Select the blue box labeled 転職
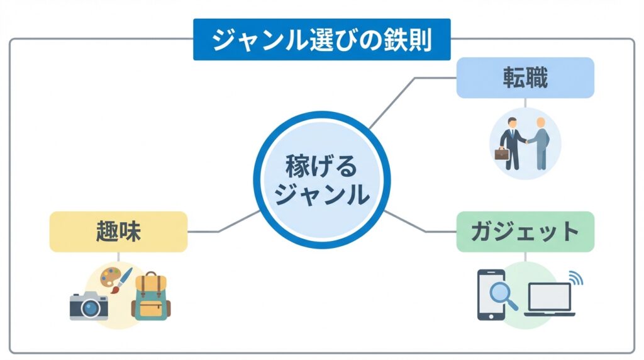pos(525,77)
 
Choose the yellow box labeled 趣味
pos(118,232)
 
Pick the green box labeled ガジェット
pos(525,232)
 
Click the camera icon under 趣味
pos(89,306)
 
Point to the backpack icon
pos(150,296)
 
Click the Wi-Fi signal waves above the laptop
pos(574,278)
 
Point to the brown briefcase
pos(502,154)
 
